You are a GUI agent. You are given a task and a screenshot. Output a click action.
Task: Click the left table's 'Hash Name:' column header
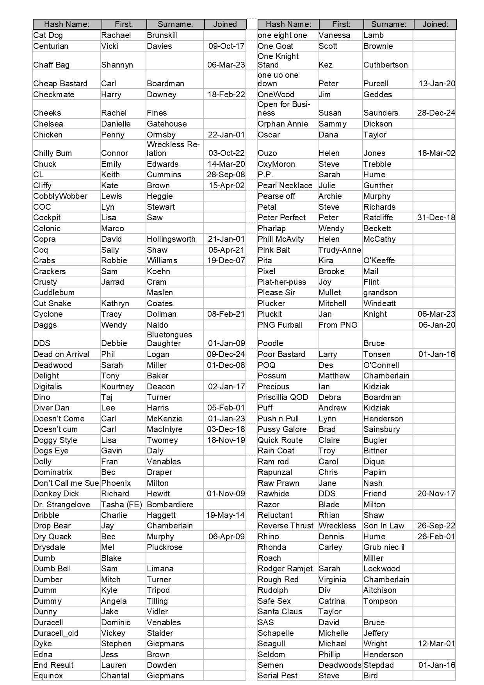[67, 24]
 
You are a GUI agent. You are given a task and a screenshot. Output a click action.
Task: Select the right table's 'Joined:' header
[435, 24]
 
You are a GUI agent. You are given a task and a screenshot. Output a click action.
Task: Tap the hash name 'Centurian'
[51, 46]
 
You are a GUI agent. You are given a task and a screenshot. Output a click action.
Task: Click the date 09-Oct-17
[226, 46]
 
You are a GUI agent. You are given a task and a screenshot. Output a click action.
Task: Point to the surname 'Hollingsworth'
[171, 239]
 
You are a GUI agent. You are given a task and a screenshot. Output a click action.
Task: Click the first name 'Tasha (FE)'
[121, 505]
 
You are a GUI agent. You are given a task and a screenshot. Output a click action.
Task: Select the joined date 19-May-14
[225, 515]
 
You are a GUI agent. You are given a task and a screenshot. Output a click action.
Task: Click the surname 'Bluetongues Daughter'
[169, 339]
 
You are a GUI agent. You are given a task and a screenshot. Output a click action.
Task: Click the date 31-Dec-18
[436, 218]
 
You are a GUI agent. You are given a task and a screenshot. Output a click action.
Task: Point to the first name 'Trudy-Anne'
[340, 250]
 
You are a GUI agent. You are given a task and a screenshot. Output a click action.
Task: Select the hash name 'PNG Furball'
[280, 325]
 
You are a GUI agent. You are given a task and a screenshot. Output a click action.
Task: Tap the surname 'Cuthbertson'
[385, 65]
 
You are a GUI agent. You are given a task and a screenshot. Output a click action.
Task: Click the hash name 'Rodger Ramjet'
[285, 569]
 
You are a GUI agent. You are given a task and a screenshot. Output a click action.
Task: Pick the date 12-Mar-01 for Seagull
[436, 644]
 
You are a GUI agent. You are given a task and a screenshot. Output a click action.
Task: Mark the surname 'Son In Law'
[384, 526]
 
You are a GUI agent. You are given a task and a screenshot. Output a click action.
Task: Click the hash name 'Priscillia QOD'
[283, 397]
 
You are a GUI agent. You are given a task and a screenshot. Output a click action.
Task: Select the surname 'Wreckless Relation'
[173, 149]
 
